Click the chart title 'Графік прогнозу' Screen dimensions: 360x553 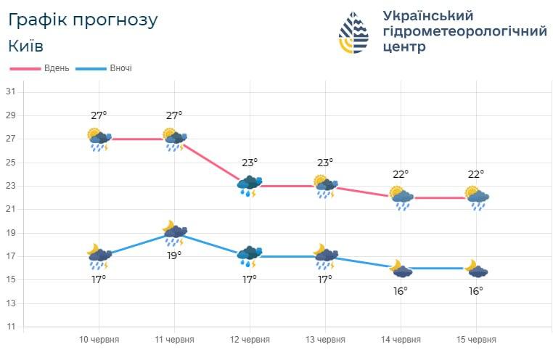(83, 20)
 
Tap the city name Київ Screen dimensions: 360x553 (26, 46)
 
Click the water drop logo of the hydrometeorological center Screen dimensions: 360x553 (353, 33)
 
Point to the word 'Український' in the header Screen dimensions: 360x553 (427, 15)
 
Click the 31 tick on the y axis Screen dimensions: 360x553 (11, 91)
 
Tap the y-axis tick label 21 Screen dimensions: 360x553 (11, 209)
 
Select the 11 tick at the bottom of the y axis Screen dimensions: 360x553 (11, 327)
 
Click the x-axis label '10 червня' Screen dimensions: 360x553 (99, 340)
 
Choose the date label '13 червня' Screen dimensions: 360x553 (325, 340)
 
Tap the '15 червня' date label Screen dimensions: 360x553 (476, 340)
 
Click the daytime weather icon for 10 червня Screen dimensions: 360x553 (98, 139)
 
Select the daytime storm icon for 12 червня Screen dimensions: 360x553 (250, 186)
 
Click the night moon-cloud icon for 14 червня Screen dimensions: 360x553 (401, 269)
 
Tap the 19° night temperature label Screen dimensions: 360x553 (174, 255)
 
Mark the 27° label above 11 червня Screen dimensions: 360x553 (174, 115)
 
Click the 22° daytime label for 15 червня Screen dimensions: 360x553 (476, 174)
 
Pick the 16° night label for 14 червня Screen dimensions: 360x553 (401, 290)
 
